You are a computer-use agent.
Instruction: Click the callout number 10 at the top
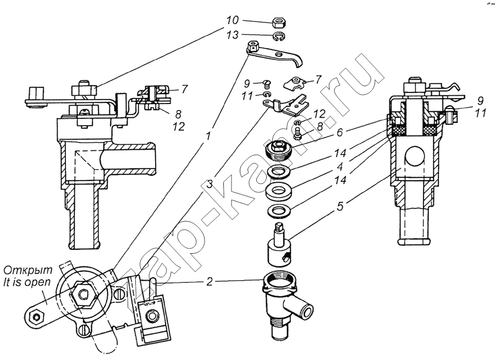tap(232, 20)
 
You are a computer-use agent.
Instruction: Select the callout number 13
tap(232, 35)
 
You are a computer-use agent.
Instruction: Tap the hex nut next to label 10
tap(278, 23)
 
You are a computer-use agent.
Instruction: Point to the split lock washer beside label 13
tap(278, 37)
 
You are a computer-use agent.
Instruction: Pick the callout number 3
tap(210, 184)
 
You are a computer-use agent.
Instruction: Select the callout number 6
tap(340, 133)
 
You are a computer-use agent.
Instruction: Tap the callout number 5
tap(340, 207)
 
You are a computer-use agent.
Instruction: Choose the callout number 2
tap(210, 282)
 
